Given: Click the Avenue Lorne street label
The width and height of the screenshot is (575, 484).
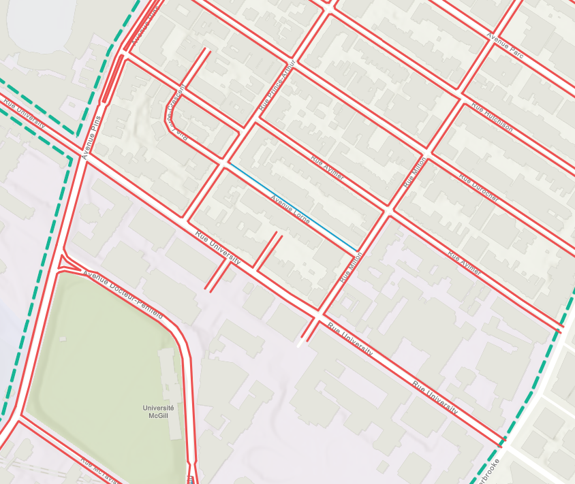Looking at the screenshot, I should click(290, 209).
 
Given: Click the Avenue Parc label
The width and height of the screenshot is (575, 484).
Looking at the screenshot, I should click(506, 45).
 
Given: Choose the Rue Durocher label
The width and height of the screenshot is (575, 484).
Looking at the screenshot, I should click(479, 188).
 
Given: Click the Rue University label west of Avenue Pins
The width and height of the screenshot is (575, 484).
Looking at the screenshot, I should click(25, 114).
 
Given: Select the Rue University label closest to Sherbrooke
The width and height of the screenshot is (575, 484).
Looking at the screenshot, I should click(435, 396).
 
